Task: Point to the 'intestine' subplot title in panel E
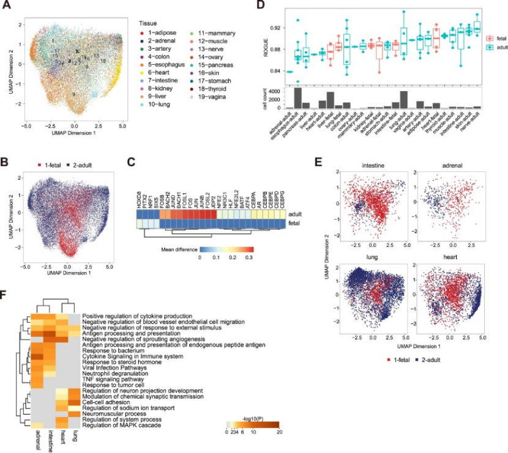(372, 164)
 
